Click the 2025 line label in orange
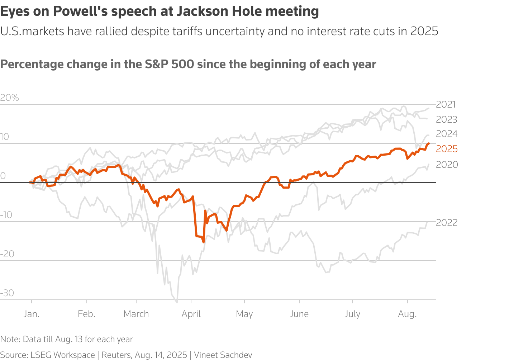click(x=447, y=149)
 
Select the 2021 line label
click(x=446, y=104)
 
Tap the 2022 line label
click(x=447, y=223)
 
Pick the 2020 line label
click(x=447, y=165)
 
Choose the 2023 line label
click(x=447, y=119)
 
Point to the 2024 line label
click(x=447, y=134)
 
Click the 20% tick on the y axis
click(x=10, y=98)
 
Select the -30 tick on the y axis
click(x=7, y=293)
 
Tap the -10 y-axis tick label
click(x=6, y=215)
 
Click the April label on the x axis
click(x=191, y=314)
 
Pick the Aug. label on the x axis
click(x=407, y=314)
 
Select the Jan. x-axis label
click(x=32, y=314)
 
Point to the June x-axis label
click(x=299, y=314)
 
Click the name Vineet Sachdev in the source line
click(x=223, y=355)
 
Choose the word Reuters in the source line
click(x=116, y=355)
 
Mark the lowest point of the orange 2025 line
click(x=204, y=242)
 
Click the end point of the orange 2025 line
click(x=429, y=143)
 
